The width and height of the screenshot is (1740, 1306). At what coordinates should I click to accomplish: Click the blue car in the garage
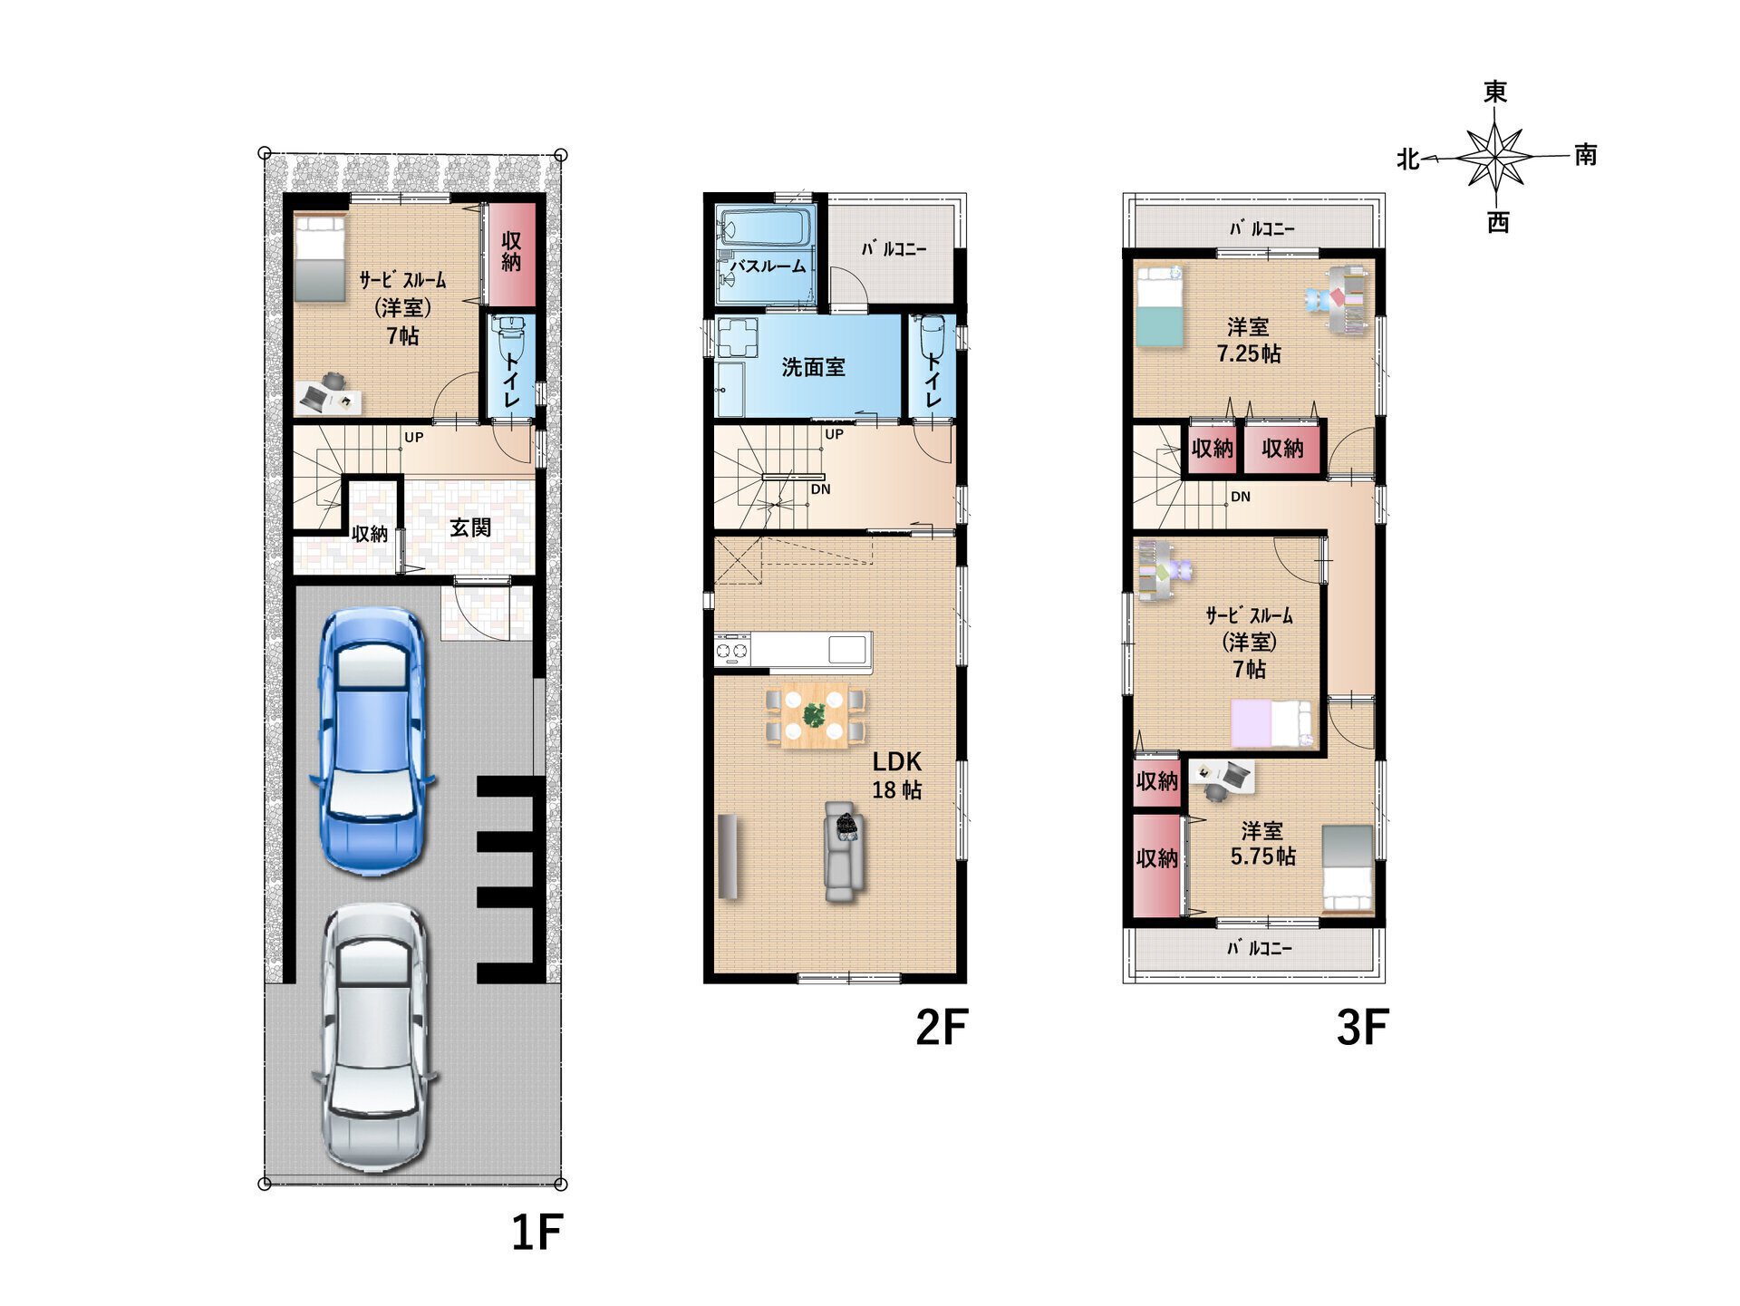[372, 740]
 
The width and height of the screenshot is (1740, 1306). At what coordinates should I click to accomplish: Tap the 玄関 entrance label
[470, 527]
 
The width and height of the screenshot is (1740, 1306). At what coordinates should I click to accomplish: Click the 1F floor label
[537, 1233]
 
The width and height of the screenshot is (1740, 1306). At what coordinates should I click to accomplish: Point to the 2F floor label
[942, 1028]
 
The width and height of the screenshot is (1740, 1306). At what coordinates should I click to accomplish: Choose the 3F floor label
[1362, 1028]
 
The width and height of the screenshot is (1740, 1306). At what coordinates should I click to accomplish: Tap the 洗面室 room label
[813, 367]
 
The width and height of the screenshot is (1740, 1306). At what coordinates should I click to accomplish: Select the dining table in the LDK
[815, 715]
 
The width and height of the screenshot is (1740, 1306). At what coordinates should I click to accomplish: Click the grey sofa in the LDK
[844, 852]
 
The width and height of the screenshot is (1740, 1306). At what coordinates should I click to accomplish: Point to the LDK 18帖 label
[896, 776]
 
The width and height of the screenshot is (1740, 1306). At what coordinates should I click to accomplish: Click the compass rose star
[1495, 157]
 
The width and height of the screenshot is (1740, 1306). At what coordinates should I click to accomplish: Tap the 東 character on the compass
[1495, 92]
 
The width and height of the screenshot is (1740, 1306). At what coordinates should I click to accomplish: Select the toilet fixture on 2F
[932, 337]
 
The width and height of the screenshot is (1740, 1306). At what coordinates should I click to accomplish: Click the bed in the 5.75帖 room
[1348, 868]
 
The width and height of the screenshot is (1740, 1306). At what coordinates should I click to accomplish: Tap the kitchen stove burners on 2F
[732, 650]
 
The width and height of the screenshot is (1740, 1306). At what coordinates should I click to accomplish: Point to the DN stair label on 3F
[1241, 497]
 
